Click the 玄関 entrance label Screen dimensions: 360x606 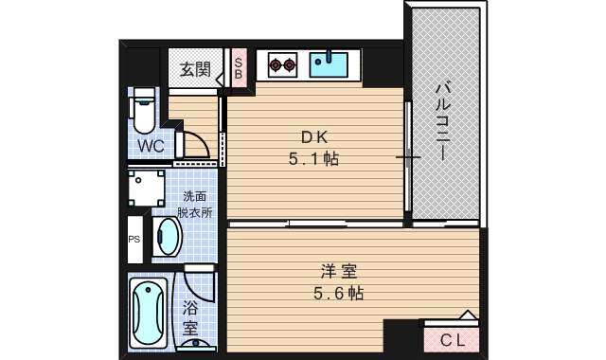pyautogui.click(x=196, y=69)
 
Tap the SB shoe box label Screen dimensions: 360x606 pyautogui.click(x=239, y=67)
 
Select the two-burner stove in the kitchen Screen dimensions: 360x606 pyautogui.click(x=281, y=65)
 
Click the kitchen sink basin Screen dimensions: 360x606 pyautogui.click(x=330, y=65)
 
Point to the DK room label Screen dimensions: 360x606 pyautogui.click(x=313, y=134)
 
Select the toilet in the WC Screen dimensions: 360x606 pyautogui.click(x=143, y=112)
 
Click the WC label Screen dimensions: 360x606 pyautogui.click(x=151, y=146)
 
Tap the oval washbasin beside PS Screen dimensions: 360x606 pyautogui.click(x=168, y=237)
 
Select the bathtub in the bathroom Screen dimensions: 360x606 pyautogui.click(x=148, y=312)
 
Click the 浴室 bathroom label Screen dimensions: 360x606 pyautogui.click(x=190, y=317)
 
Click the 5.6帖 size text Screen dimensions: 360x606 pyautogui.click(x=338, y=294)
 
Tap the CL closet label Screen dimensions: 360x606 pyautogui.click(x=452, y=339)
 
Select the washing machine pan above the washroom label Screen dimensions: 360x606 pyautogui.click(x=147, y=189)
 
